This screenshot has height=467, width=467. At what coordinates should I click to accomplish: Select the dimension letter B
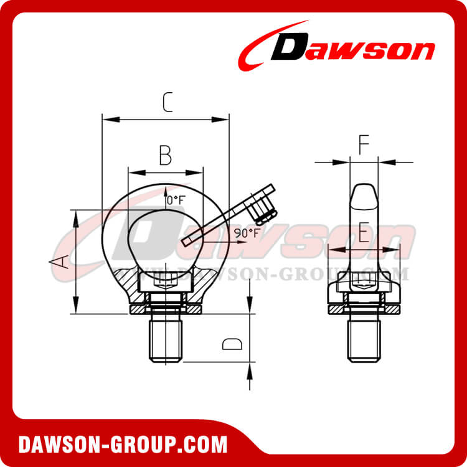coord(165,155)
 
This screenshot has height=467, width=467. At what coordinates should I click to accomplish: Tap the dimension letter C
coord(166,101)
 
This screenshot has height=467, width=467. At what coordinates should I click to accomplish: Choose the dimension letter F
coord(364,145)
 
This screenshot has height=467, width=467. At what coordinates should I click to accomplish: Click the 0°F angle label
coord(176,200)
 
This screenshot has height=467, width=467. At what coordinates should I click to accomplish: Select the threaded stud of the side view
coord(364,339)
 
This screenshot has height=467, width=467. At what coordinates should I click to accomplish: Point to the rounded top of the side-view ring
coord(364,191)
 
